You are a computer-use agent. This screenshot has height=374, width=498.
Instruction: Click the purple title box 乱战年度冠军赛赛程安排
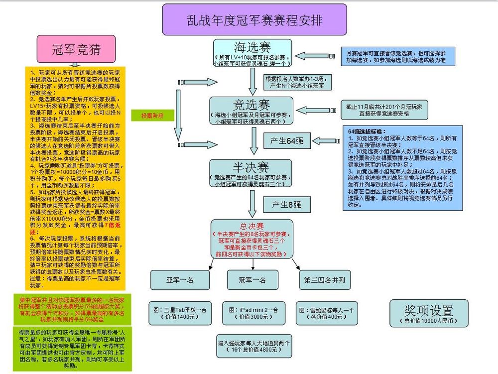point(254,20)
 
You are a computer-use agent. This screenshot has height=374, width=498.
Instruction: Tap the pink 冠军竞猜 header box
point(76,49)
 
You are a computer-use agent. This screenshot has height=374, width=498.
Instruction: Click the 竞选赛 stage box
point(252,111)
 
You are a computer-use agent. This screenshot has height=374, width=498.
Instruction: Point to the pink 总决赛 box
point(252,239)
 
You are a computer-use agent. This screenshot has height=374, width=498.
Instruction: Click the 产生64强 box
point(286,140)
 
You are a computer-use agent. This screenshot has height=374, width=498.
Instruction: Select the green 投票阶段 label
point(151,116)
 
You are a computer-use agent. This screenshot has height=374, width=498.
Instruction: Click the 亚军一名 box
point(180,280)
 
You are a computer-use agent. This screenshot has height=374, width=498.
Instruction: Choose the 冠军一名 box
point(252,280)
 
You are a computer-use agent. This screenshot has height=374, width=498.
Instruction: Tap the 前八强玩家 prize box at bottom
point(254,346)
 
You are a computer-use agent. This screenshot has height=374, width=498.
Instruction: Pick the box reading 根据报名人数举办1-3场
point(297,82)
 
